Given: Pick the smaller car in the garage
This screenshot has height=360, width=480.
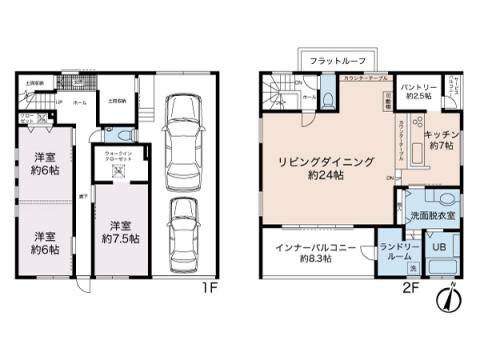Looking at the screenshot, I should tap(182, 231).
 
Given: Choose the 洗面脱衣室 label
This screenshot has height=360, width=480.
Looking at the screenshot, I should tap(433, 215).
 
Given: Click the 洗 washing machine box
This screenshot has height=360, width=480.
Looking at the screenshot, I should tap(413, 268).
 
